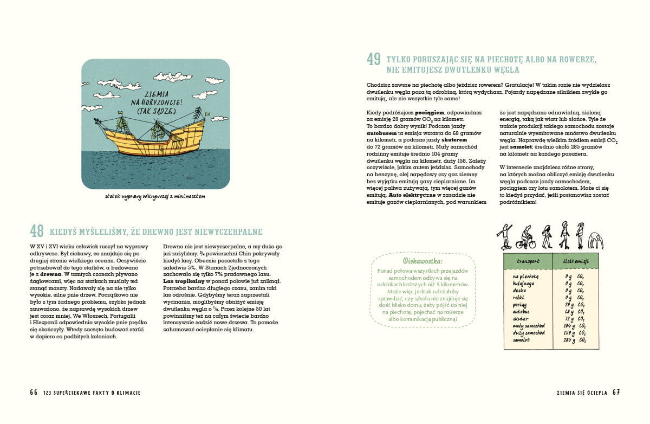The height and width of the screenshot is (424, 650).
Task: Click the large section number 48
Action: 37,232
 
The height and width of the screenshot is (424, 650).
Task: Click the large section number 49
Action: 373,59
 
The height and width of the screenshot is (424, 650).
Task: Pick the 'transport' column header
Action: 528,261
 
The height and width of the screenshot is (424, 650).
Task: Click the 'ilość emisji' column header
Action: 576,261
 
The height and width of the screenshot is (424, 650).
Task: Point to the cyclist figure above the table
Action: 525,237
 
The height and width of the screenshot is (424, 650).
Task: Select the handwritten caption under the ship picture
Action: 155,196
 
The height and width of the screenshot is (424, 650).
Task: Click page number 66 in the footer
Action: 34,393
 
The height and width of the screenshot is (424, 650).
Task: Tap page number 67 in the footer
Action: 616,393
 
